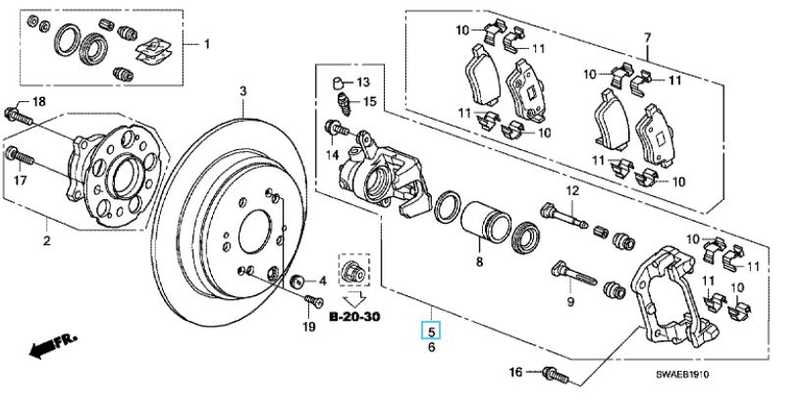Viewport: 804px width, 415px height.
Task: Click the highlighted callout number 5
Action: click(x=431, y=332)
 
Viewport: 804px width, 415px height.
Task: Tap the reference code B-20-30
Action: click(x=354, y=317)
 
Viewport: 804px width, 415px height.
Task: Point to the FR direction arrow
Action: click(x=53, y=345)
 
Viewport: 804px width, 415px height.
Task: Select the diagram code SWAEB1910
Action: click(x=682, y=375)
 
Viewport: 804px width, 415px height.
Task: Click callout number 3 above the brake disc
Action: click(x=243, y=91)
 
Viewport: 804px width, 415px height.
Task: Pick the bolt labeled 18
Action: click(x=19, y=117)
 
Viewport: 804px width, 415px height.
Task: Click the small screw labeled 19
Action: click(x=312, y=301)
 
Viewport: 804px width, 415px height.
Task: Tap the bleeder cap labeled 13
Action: click(x=338, y=82)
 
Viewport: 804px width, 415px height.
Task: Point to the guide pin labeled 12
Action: click(x=563, y=215)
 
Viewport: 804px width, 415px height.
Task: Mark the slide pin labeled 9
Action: click(x=573, y=275)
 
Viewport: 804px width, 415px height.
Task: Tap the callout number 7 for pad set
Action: click(x=648, y=37)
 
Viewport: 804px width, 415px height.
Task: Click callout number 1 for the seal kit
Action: click(x=206, y=44)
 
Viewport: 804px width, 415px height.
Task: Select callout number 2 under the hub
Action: click(x=47, y=240)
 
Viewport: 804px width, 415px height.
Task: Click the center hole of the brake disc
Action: click(x=255, y=233)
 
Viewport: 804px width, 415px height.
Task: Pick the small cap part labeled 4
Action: click(x=297, y=282)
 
